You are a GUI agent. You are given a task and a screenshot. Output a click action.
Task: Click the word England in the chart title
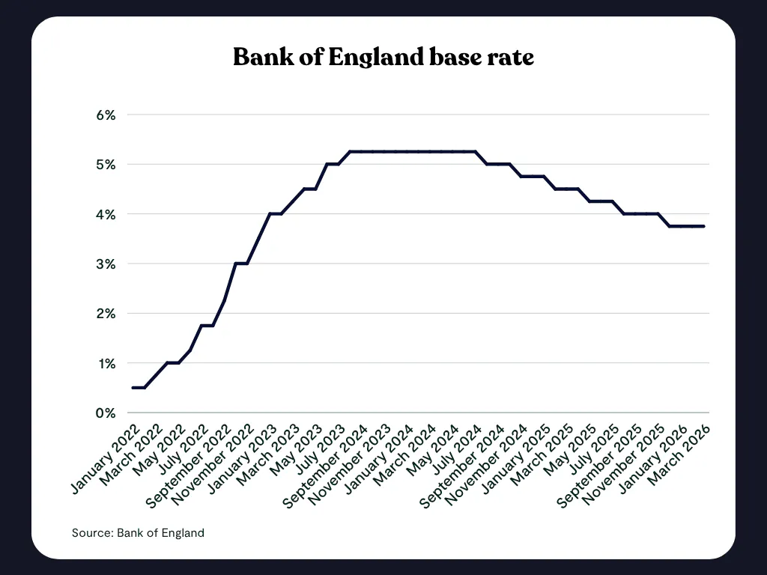click(377, 58)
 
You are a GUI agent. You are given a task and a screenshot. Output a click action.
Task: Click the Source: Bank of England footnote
click(138, 533)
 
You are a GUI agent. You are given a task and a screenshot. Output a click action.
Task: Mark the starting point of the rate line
click(133, 388)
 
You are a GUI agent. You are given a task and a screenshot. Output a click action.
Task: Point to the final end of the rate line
click(704, 226)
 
